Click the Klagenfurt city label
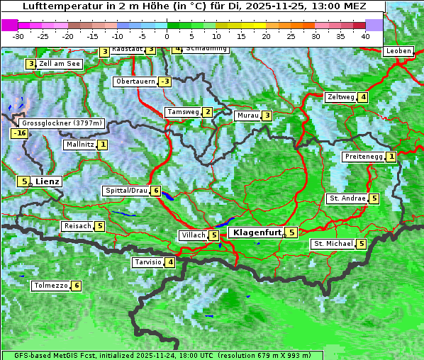pos(257,232)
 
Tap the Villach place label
pos(193,235)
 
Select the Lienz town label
pos(48,181)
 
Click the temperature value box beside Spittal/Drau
pos(155,191)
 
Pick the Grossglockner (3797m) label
pos(62,123)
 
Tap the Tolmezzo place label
pos(50,286)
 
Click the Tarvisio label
pos(148,263)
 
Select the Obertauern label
pos(135,81)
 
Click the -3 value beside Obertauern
pos(164,81)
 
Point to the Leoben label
pos(398,51)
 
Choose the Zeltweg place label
pos(340,97)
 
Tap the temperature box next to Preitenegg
pos(391,157)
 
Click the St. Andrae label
pos(347,198)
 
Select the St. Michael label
pos(333,244)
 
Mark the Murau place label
pos(247,116)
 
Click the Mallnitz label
pos(79,145)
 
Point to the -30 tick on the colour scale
pos(18,35)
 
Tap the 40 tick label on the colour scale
pos(364,35)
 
